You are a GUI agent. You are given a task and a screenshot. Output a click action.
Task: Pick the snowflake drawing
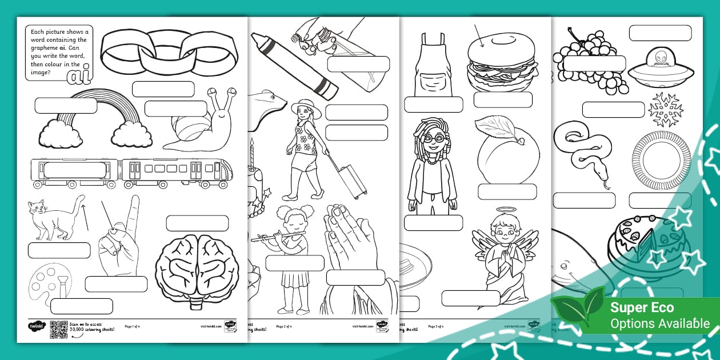point(666,109)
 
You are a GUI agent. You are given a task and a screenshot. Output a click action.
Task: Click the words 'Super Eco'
point(642,307)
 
